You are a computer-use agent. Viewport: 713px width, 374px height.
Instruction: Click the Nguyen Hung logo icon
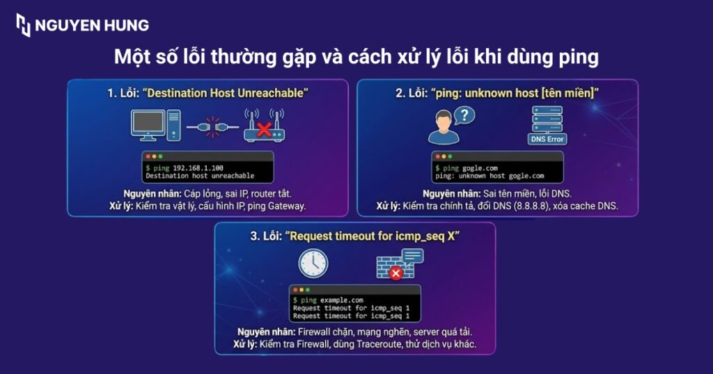pos(23,25)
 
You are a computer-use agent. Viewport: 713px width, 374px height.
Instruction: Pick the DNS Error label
pos(547,139)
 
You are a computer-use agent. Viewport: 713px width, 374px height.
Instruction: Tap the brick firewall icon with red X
pos(391,267)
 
